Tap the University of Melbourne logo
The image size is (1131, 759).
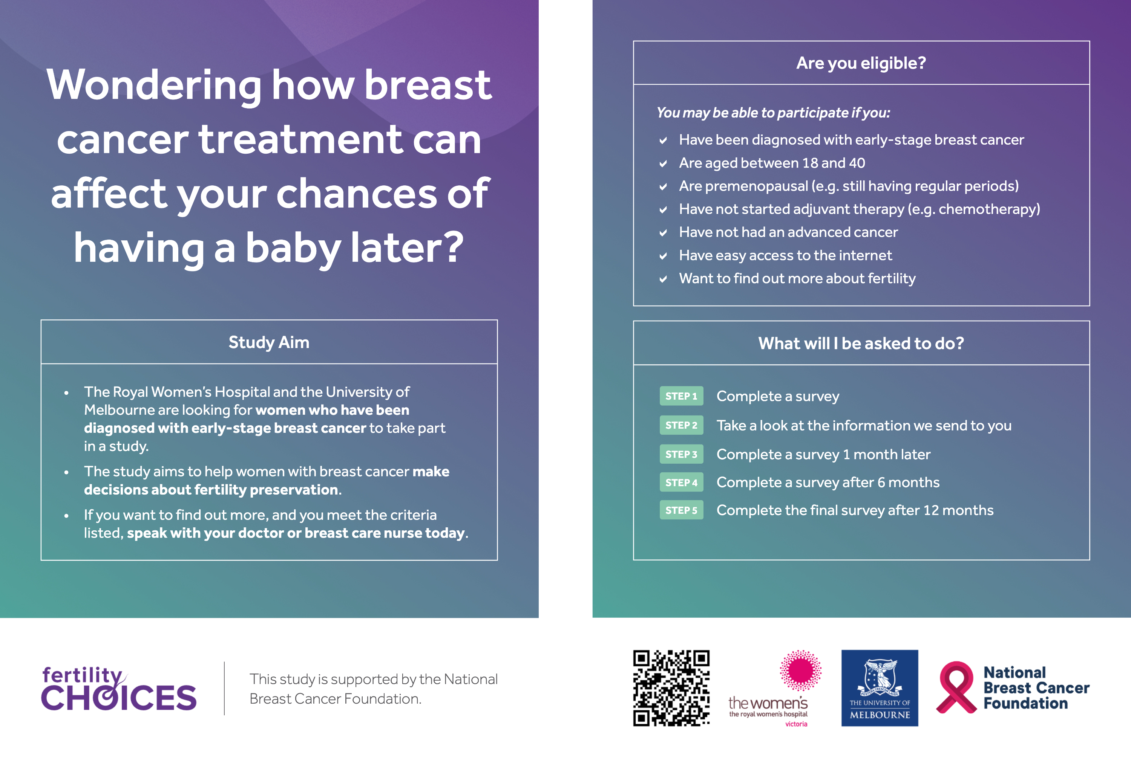coord(879,688)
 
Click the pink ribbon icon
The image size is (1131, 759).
coord(956,687)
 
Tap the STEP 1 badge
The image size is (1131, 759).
coord(681,396)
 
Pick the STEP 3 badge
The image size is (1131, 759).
coord(681,454)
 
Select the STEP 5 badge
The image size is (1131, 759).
coord(681,510)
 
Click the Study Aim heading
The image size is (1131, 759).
coord(269,342)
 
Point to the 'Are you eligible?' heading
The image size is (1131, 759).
coord(861,63)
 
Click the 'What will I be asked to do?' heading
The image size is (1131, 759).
coord(861,343)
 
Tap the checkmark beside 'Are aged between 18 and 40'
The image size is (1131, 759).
coord(663,163)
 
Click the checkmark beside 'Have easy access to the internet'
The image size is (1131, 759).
coord(663,256)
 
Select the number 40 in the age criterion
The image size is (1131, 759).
coord(857,163)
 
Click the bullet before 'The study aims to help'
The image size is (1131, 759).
coord(66,472)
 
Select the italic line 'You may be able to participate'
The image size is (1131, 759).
coord(773,113)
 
